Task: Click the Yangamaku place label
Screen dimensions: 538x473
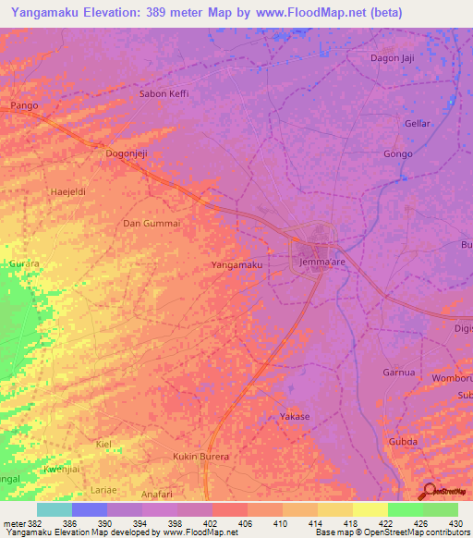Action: click(x=236, y=265)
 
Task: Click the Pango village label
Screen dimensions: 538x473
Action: click(x=23, y=106)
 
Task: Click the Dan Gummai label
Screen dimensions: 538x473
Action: click(x=151, y=224)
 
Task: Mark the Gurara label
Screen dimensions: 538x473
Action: click(x=24, y=263)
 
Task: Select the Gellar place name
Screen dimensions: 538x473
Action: click(x=418, y=123)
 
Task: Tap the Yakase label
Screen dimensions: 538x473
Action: click(x=295, y=417)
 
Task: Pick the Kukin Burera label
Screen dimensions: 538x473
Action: click(x=200, y=457)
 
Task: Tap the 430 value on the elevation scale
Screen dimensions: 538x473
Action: click(x=455, y=523)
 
